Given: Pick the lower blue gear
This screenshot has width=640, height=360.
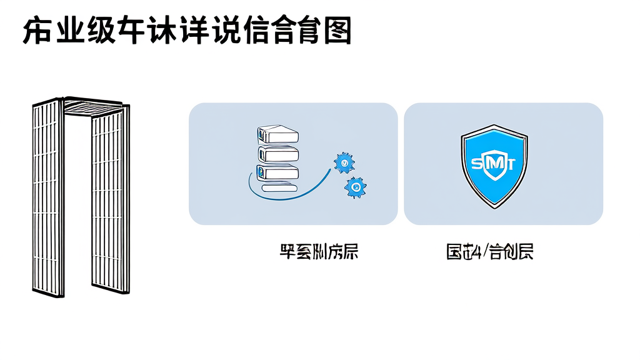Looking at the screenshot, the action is pos(355,186).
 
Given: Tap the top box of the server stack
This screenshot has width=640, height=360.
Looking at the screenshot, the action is pos(277,134).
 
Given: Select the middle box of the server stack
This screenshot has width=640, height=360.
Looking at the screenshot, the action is pos(277,154).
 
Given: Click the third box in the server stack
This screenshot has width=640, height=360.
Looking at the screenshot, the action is pos(277,172).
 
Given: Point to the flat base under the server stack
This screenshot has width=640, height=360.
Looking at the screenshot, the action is pos(281,187).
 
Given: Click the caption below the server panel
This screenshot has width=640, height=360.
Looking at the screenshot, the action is pos(319,252).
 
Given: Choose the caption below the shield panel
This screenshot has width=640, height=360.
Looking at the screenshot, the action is pos(490,252).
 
